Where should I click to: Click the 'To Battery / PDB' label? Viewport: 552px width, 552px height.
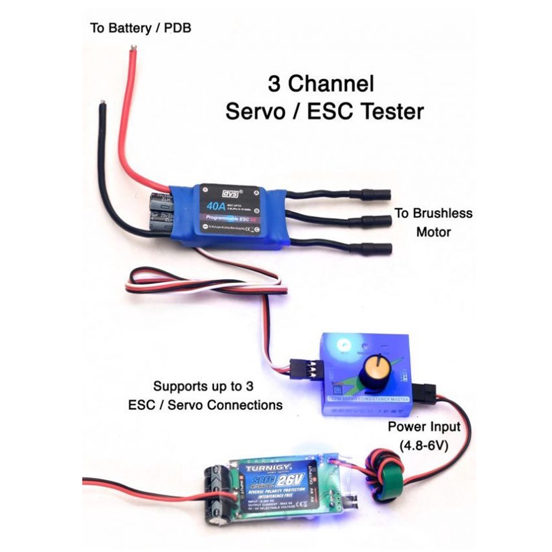coord(140,28)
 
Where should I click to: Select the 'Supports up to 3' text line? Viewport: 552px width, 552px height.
coord(203,387)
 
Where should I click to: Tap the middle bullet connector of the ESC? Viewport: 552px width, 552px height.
coord(372,221)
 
